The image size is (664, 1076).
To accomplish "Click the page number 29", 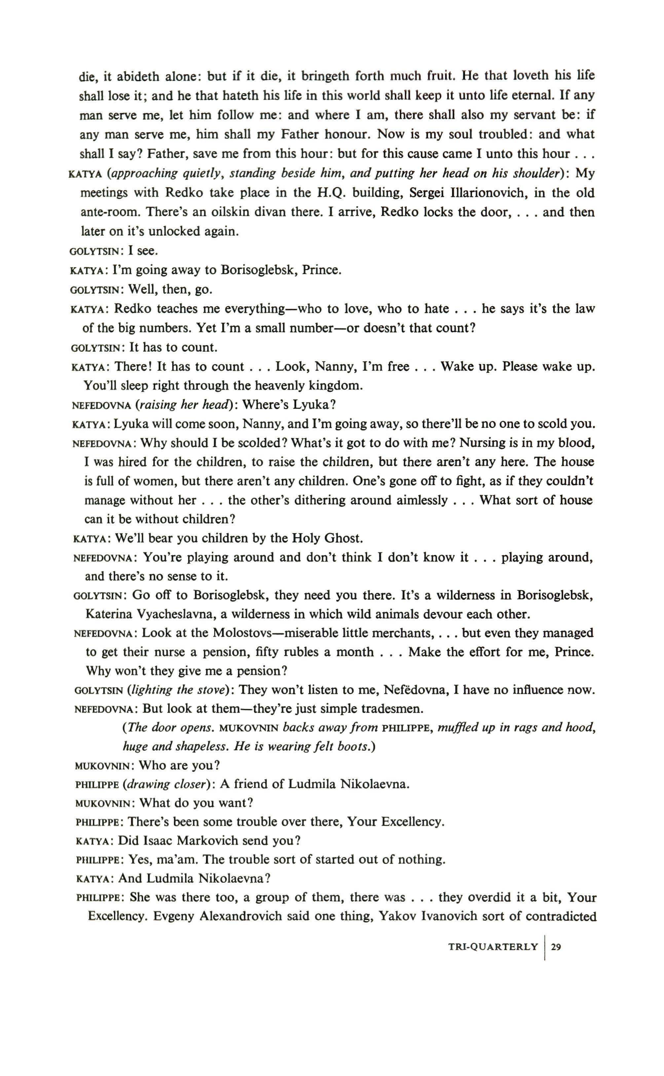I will [x=556, y=947].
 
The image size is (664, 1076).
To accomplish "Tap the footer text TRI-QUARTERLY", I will [x=493, y=947].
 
